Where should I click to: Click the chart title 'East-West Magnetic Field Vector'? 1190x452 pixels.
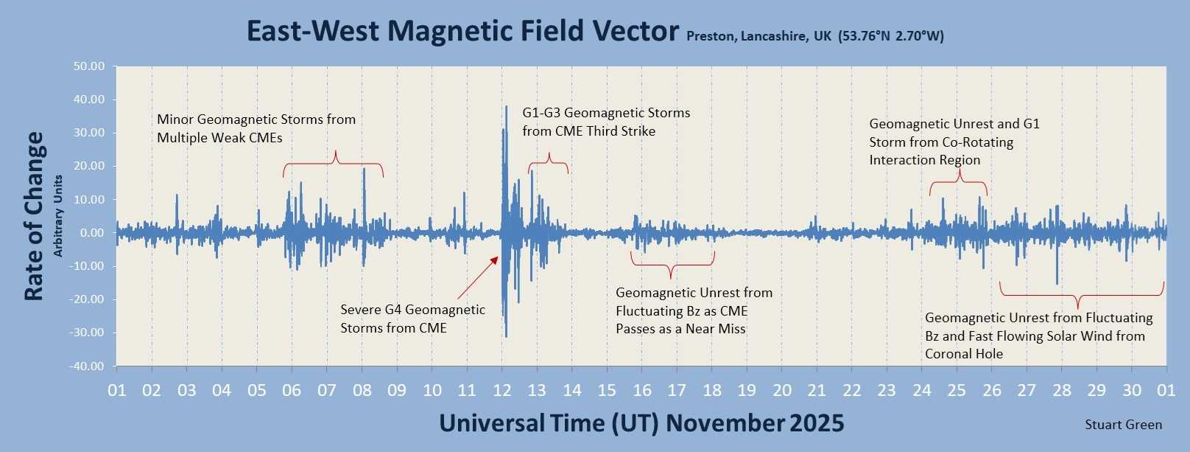click(x=462, y=32)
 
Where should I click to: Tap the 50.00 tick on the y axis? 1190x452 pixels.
click(x=89, y=66)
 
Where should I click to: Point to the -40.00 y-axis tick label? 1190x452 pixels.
click(x=87, y=366)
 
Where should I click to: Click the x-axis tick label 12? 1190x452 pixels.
click(x=502, y=390)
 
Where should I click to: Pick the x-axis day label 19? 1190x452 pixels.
click(x=747, y=390)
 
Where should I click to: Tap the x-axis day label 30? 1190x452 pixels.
click(x=1132, y=390)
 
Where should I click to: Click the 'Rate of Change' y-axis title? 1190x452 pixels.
click(x=34, y=216)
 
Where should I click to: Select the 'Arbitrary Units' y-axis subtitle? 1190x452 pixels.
click(x=58, y=216)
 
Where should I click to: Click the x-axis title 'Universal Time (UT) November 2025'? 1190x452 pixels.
click(x=641, y=423)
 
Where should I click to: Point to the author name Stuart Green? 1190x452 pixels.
click(x=1123, y=425)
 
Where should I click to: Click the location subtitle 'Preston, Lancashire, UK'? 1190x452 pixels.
click(x=758, y=36)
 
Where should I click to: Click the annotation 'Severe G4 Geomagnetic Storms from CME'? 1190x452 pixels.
click(x=412, y=319)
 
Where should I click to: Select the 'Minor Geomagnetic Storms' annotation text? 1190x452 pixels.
click(x=256, y=128)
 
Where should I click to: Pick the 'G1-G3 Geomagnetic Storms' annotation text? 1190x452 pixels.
click(x=606, y=122)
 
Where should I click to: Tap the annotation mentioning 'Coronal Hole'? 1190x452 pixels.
click(x=1038, y=335)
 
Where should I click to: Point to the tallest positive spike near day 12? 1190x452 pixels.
click(x=506, y=108)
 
